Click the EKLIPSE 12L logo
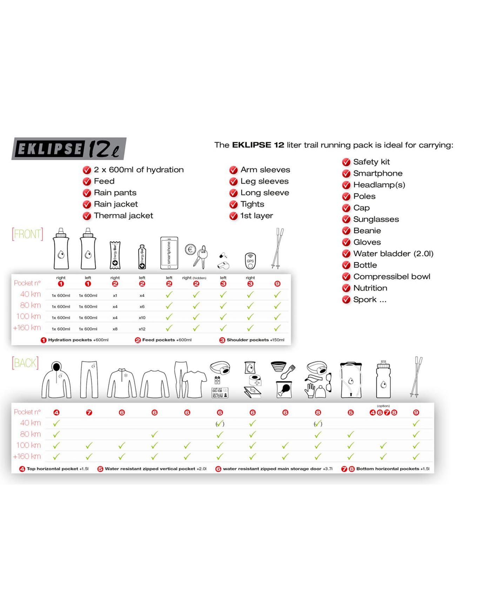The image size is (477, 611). [x=69, y=149]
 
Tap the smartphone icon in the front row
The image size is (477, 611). [x=169, y=253]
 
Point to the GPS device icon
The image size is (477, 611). [x=250, y=261]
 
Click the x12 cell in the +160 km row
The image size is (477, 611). [x=142, y=329]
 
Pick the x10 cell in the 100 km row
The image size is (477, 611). [x=142, y=318]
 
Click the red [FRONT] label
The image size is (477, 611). [x=27, y=234]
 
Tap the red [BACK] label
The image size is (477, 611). [x=25, y=363]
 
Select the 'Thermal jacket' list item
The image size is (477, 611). [x=123, y=216]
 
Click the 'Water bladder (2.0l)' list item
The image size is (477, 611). [x=393, y=254]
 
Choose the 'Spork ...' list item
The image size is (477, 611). [x=370, y=300]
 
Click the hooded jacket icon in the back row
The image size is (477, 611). [x=56, y=380]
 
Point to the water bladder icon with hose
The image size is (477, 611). [x=351, y=380]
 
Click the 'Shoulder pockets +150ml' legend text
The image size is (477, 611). [x=255, y=340]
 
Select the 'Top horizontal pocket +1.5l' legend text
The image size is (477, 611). [x=58, y=469]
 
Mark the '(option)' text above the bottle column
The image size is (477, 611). [x=383, y=406]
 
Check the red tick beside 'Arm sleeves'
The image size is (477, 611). [x=234, y=170]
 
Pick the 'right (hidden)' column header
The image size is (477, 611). [x=194, y=278]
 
